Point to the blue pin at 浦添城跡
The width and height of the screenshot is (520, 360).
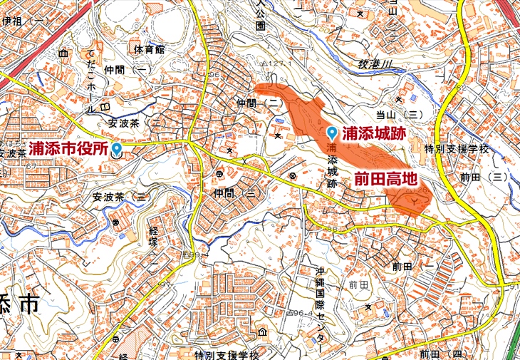pos(333,133)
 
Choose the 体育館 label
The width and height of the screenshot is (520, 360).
pos(149,50)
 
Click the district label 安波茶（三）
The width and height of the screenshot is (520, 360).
pos(122,196)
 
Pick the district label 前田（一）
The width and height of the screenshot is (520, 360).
pos(417,265)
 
